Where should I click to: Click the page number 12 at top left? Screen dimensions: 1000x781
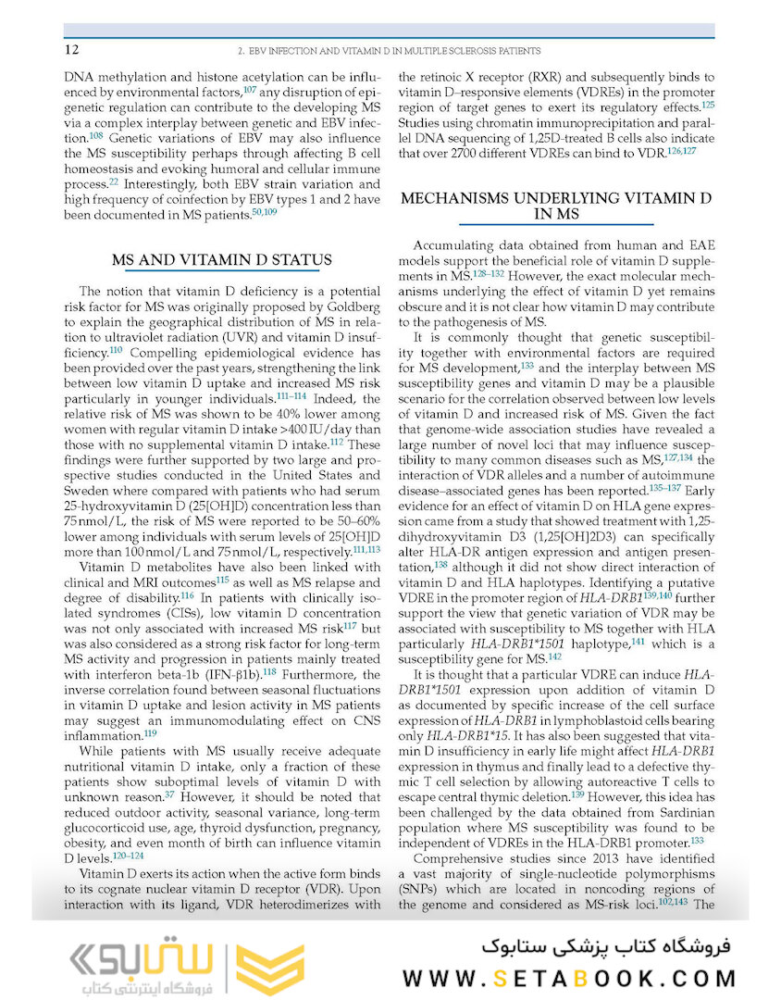click(71, 49)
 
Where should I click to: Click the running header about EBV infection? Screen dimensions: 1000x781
click(389, 51)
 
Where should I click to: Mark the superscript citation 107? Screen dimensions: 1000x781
click(250, 89)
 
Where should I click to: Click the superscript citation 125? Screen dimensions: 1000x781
click(708, 105)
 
